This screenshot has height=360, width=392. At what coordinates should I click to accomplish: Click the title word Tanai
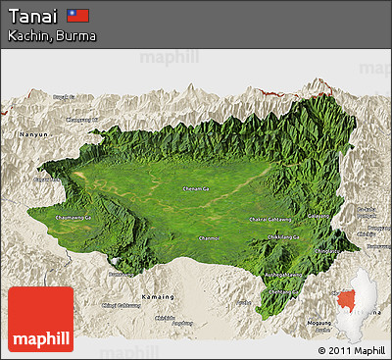click(x=31, y=16)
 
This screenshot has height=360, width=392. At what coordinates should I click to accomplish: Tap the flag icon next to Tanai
click(x=78, y=16)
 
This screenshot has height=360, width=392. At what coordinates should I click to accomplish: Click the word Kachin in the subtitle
click(x=26, y=35)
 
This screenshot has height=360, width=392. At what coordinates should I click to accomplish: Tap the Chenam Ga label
click(x=197, y=188)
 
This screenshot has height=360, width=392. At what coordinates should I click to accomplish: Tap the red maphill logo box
click(x=40, y=320)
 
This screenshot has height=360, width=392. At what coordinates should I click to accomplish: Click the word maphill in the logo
click(x=40, y=339)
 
